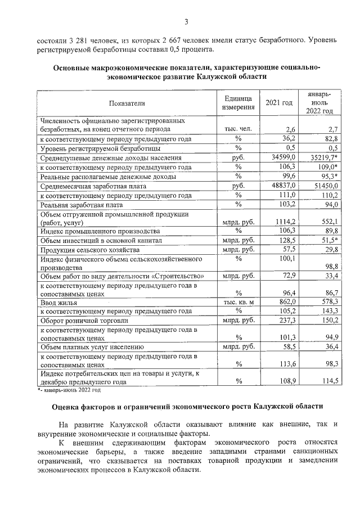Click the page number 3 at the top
[x=186, y=22]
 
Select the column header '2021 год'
[x=279, y=103]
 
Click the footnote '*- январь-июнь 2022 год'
[x=69, y=389]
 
